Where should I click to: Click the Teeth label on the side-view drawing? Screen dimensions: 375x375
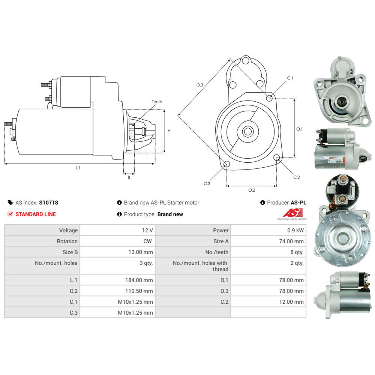pos(157,102)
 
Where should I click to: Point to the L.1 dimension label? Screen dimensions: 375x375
pos(78,168)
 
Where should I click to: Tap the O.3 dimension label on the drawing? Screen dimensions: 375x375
pos(200,85)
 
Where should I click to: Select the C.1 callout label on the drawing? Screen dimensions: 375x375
pos(290,78)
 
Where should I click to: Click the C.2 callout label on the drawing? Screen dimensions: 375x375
pos(297,177)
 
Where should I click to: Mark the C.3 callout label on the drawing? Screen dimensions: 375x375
pos(207,184)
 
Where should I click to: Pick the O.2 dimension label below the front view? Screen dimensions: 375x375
pos(252,190)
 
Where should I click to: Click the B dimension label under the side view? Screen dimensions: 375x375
pos(129,177)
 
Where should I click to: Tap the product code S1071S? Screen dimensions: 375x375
pos(48,203)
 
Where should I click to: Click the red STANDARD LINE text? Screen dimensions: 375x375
pos(36,214)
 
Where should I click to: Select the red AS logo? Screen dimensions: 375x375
pos(293,213)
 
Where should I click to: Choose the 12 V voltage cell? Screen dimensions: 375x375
pos(147,230)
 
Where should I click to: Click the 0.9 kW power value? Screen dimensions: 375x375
pos(295,230)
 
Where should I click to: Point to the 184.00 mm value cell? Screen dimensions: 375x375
pos(139,280)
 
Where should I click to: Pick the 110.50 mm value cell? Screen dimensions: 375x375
pos(139,291)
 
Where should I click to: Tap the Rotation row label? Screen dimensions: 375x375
pos(67,241)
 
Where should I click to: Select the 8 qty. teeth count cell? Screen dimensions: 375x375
pos(297,252)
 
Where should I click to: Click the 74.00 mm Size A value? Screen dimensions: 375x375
pos(291,241)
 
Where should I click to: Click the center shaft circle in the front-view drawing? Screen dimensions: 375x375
pos(248,131)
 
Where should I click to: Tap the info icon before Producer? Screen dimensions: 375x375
pos(262,202)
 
